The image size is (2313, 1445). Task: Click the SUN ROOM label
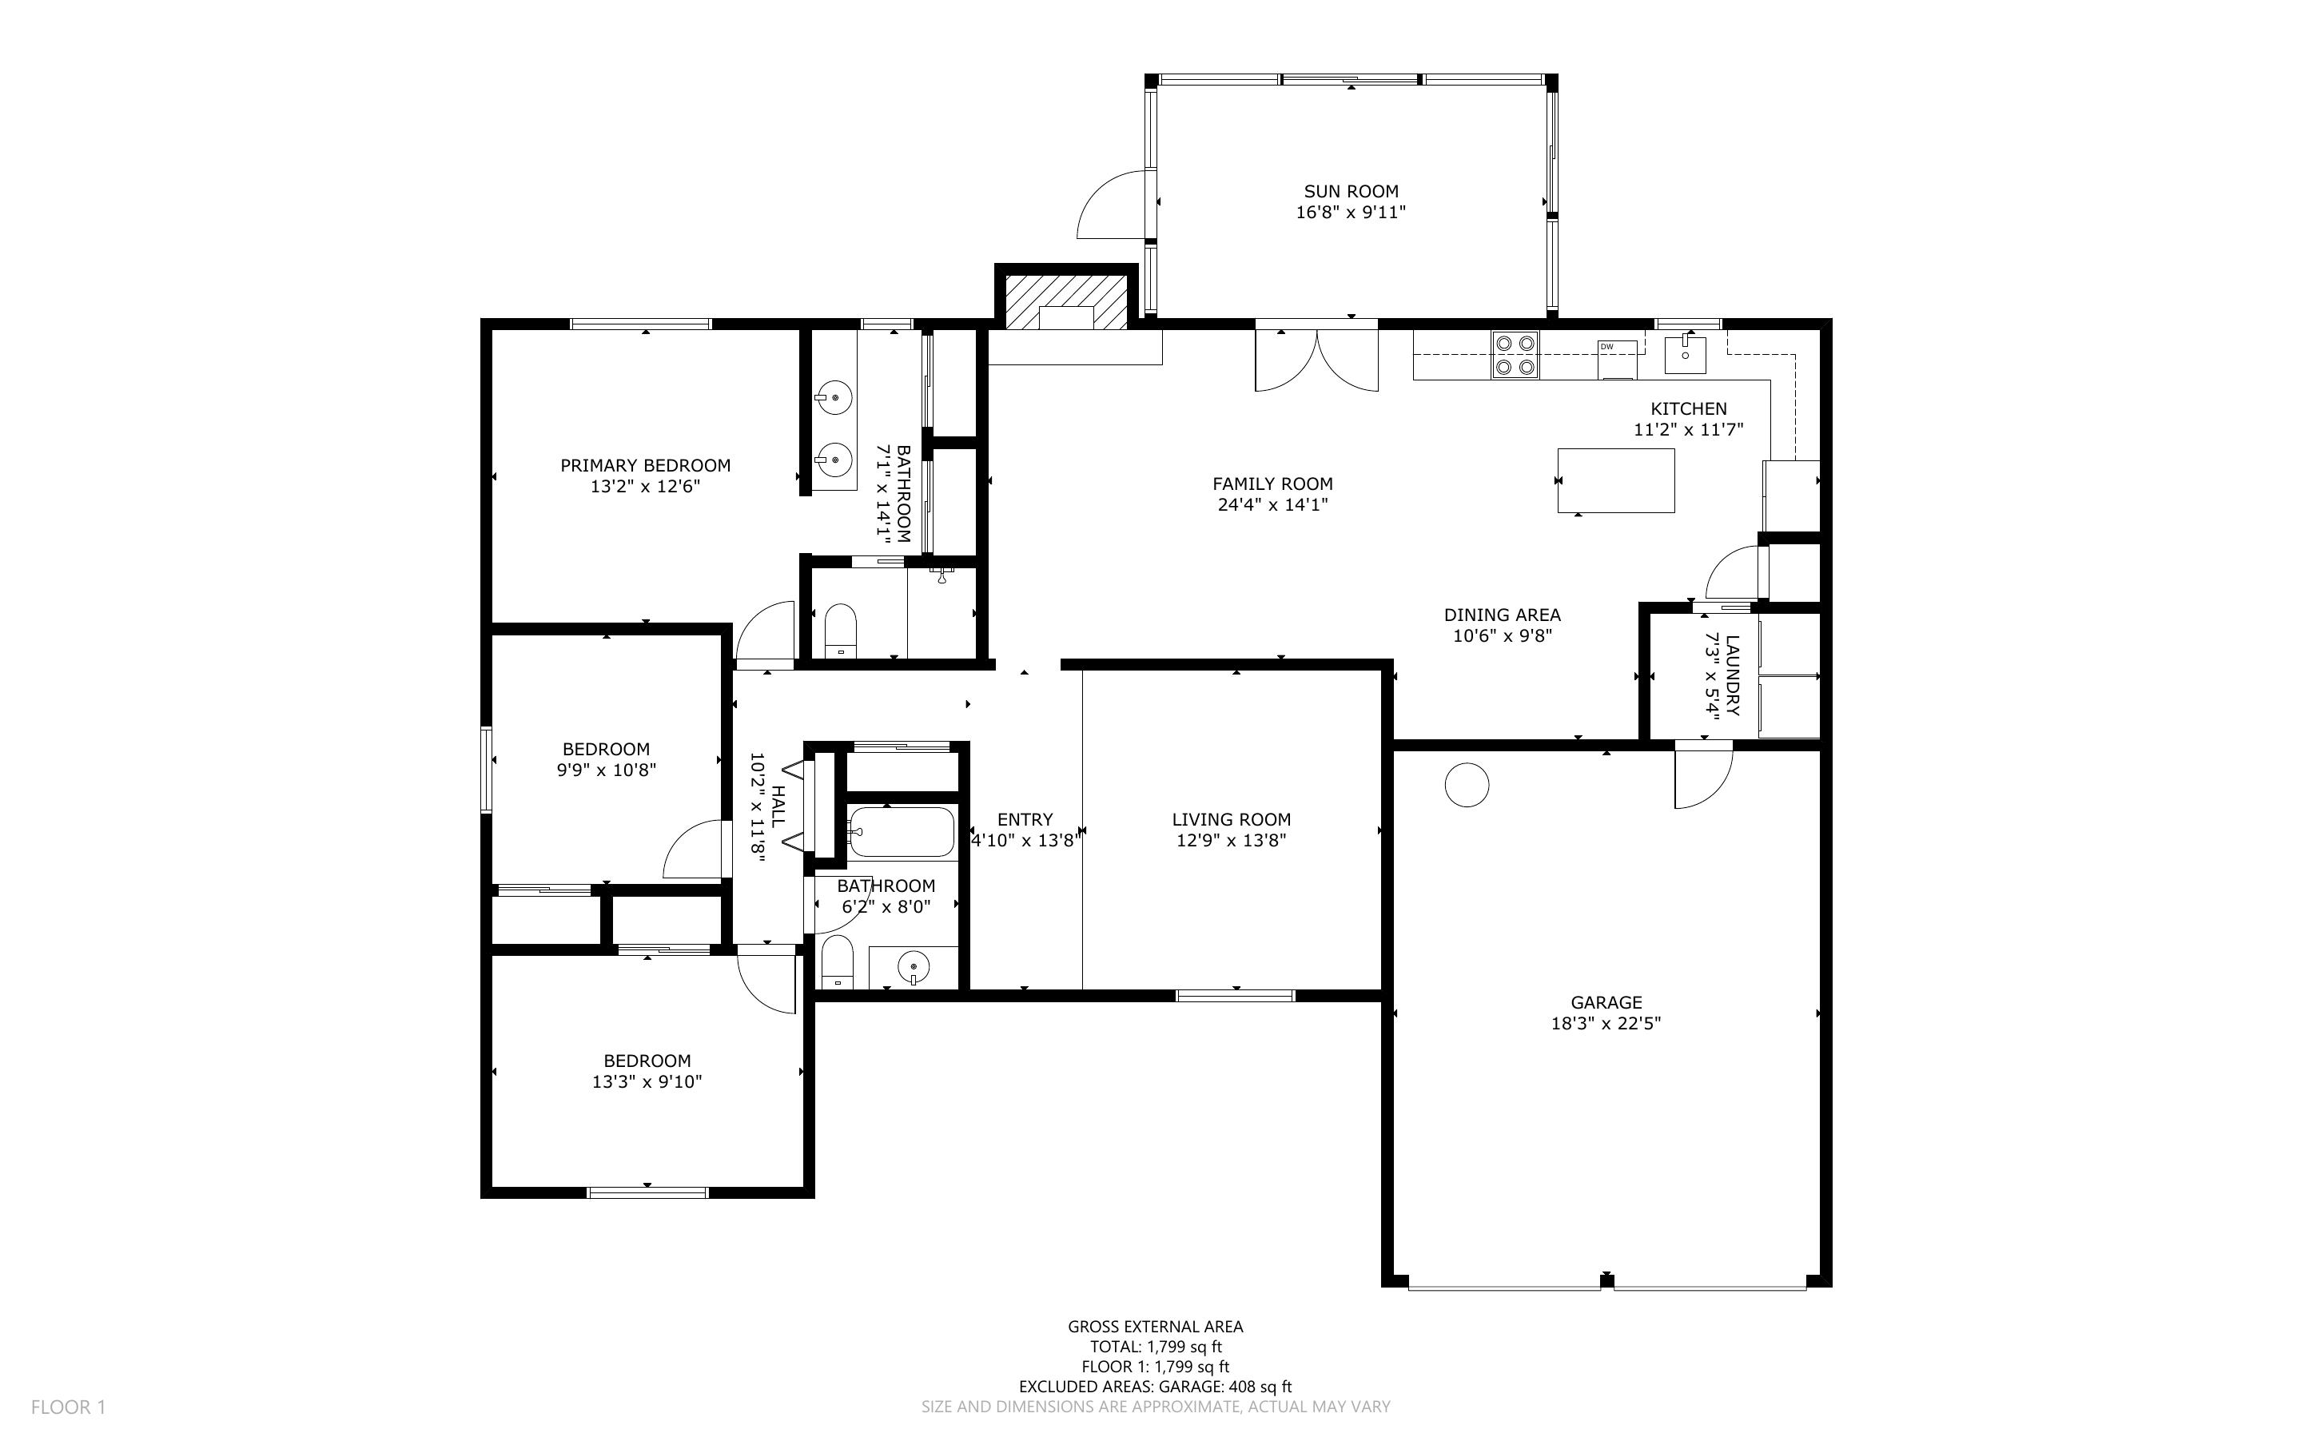coord(1351,191)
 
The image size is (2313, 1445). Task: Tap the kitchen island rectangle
coord(1615,480)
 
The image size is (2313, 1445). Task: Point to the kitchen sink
coord(1686,353)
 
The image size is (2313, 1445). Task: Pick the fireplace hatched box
coord(1066,302)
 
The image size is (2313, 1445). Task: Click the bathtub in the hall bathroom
coord(901,831)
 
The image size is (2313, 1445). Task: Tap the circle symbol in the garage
coord(1467,785)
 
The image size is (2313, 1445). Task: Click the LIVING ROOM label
coord(1232,819)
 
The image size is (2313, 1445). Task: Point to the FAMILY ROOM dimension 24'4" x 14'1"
coord(1272,504)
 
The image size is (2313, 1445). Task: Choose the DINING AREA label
coord(1502,615)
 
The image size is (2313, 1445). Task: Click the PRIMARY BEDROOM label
coord(645,465)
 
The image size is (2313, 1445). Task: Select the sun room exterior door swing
coord(1110,205)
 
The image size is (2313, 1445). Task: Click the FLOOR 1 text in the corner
coord(68,1407)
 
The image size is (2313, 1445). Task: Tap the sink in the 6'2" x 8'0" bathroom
coord(914,968)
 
